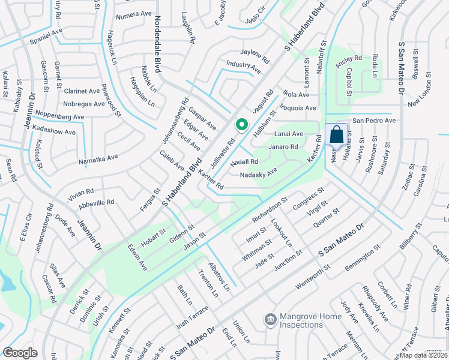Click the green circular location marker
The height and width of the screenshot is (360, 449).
[x=241, y=125]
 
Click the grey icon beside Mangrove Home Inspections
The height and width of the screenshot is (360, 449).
[x=270, y=317]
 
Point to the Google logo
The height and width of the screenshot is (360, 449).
[x=20, y=353]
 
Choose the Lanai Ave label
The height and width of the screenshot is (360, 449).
[x=289, y=134]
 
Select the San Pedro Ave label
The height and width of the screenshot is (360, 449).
[x=373, y=121]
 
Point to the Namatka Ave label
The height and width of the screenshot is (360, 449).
[x=98, y=159]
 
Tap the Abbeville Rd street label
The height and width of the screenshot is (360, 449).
[x=96, y=203]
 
